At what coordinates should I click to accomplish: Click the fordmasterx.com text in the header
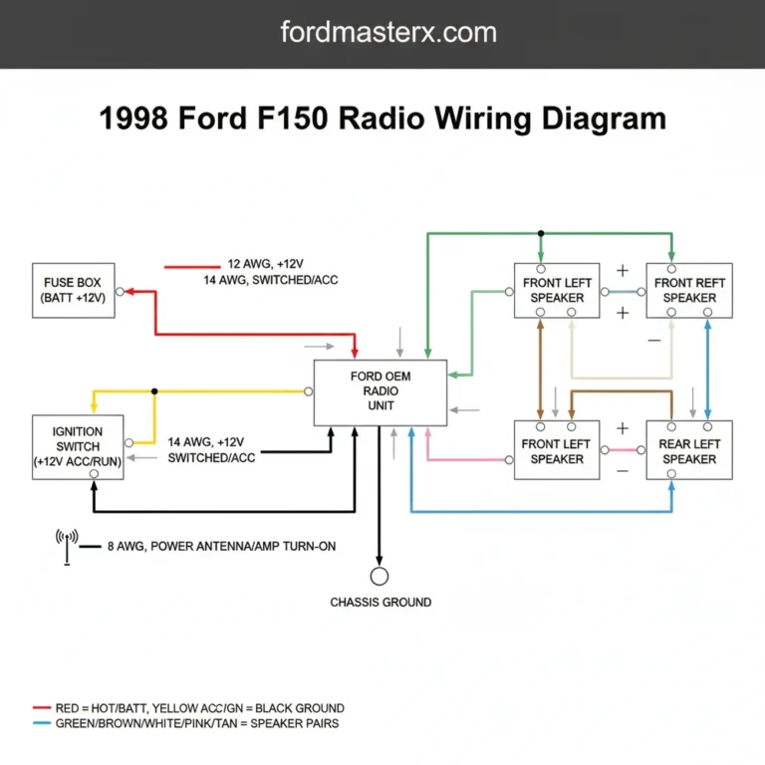coord(388,32)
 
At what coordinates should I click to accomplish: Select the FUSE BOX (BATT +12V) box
coord(73,291)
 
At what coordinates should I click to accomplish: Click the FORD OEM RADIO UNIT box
coord(380,391)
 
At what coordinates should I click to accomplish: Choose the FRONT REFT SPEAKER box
coord(689,291)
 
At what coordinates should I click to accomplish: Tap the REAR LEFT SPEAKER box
coord(689,451)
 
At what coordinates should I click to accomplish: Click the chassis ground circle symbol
coord(380,576)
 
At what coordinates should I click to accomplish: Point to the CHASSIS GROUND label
coord(381,603)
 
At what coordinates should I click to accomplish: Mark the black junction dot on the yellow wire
coord(154,391)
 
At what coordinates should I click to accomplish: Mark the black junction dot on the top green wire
coord(541,234)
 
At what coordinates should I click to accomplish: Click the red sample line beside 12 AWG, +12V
coord(190,267)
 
